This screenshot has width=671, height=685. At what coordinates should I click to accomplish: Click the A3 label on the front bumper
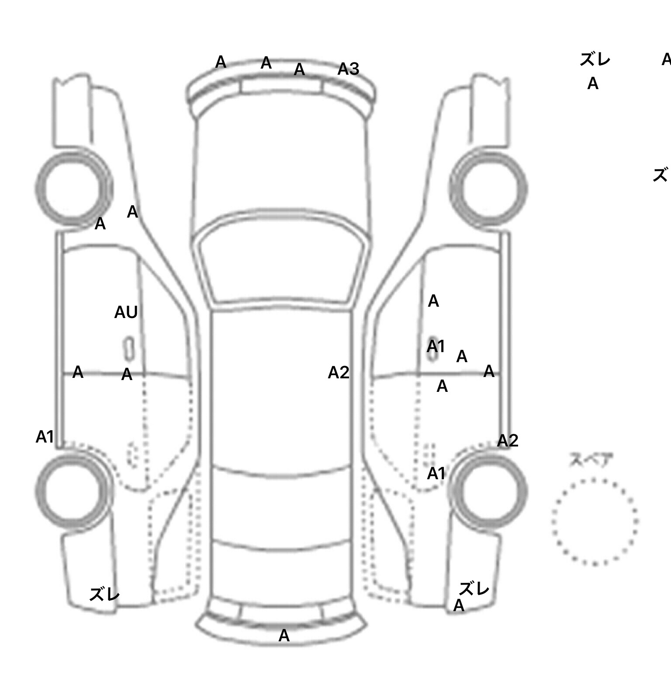(x=348, y=69)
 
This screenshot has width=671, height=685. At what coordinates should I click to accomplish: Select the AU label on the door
(x=126, y=312)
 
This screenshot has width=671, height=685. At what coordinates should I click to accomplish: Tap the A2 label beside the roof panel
(x=339, y=373)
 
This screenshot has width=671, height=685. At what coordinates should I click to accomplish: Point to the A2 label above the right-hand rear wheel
(x=508, y=441)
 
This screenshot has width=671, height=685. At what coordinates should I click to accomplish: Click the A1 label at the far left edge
(x=45, y=436)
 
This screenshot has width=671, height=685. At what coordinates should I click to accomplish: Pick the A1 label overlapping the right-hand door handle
(x=436, y=346)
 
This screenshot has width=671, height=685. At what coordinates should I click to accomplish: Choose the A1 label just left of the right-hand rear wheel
(x=436, y=473)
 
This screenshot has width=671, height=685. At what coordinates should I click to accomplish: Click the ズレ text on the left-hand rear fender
(x=104, y=594)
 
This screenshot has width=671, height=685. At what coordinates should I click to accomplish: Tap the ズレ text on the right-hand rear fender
(x=474, y=589)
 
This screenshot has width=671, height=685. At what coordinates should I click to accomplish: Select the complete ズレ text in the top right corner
(x=595, y=59)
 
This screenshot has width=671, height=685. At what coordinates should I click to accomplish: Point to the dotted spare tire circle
(x=595, y=522)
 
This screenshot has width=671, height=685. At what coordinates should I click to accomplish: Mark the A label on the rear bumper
(x=284, y=636)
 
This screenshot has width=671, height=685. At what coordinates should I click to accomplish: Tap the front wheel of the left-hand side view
(x=73, y=189)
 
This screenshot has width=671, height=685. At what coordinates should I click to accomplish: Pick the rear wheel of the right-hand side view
(x=488, y=491)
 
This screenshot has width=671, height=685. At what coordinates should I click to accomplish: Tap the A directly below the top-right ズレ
(x=592, y=83)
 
